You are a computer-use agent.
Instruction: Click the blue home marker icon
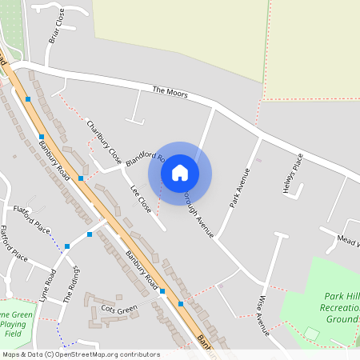pos(180,172)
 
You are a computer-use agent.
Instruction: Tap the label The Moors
pos(170,93)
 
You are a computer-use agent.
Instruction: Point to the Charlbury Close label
pos(104,140)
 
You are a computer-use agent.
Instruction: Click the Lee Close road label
pos(140,198)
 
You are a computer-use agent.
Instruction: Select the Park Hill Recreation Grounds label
pos(337,305)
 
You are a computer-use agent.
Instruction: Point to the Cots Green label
pos(119,309)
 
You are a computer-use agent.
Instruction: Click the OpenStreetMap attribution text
pos(80,354)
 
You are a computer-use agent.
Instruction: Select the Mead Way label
pos(349,239)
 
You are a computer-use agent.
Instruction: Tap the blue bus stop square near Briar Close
pos(28,99)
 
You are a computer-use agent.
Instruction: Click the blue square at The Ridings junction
pos(90,234)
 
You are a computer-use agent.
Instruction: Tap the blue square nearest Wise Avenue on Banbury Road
pos(181,304)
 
